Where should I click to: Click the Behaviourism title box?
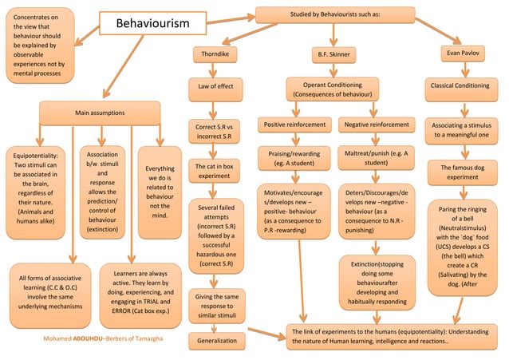click(x=153, y=24)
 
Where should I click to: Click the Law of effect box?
click(x=215, y=85)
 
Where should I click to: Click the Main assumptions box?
click(x=100, y=113)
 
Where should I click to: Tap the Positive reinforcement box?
click(x=294, y=125)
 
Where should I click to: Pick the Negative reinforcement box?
click(x=376, y=125)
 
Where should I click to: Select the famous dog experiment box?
click(x=462, y=172)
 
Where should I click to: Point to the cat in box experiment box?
click(x=215, y=171)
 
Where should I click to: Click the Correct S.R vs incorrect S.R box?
click(x=214, y=132)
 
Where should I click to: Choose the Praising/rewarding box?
click(x=294, y=157)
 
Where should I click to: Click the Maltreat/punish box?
click(x=376, y=157)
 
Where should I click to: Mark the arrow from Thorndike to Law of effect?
click(x=215, y=69)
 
